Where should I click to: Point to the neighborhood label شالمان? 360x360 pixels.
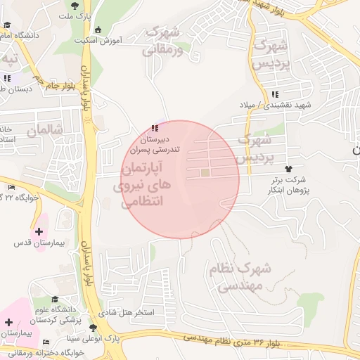click(x=45, y=130)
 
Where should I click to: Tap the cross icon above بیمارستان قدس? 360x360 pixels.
click(x=38, y=231)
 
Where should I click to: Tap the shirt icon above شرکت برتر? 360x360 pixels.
click(x=288, y=168)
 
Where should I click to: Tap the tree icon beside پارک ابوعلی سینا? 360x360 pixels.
click(x=92, y=328)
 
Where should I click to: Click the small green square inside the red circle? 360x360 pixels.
click(x=205, y=172)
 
